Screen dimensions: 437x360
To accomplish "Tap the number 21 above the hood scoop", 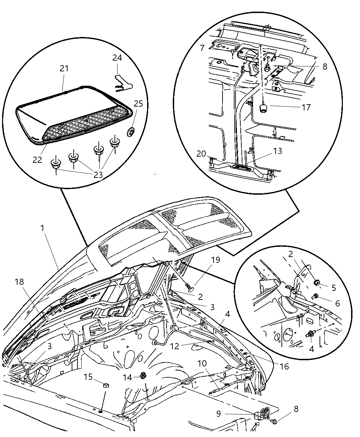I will (64, 69).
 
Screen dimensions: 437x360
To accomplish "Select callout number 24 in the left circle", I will (117, 58).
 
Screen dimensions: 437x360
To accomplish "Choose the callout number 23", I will (98, 175).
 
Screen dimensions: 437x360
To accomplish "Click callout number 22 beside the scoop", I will (37, 160).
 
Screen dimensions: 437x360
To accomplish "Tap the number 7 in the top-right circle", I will (202, 47).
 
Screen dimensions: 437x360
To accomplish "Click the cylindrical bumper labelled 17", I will (263, 108).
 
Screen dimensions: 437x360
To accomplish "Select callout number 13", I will (277, 151).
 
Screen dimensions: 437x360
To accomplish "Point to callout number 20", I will (201, 154).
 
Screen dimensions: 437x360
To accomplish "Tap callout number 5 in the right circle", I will (334, 288).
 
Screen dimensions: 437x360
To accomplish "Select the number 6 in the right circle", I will (337, 303).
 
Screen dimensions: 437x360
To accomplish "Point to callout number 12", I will (175, 346).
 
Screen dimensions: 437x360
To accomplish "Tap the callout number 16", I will (284, 366).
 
